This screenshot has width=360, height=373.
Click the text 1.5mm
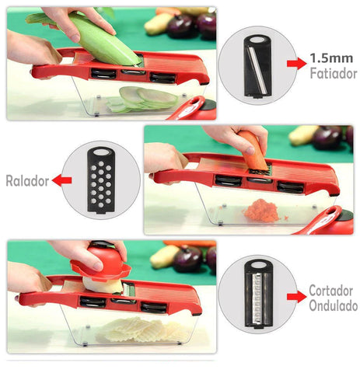click(331, 58)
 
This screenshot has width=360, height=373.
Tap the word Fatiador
click(334, 73)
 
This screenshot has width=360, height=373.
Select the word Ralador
click(27, 181)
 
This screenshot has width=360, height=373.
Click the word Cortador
click(330, 291)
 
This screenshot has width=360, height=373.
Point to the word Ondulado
click(334, 305)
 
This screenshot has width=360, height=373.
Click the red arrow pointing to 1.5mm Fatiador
click(297, 64)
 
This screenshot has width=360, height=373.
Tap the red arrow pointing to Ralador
click(61, 180)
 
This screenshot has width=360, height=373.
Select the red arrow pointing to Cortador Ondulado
click(297, 297)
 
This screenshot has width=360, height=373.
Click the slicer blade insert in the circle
click(257, 67)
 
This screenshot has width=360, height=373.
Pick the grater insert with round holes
click(101, 180)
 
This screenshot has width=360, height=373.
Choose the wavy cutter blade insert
click(258, 295)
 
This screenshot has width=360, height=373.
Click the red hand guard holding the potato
click(101, 262)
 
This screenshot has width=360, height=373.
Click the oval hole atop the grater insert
click(101, 152)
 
